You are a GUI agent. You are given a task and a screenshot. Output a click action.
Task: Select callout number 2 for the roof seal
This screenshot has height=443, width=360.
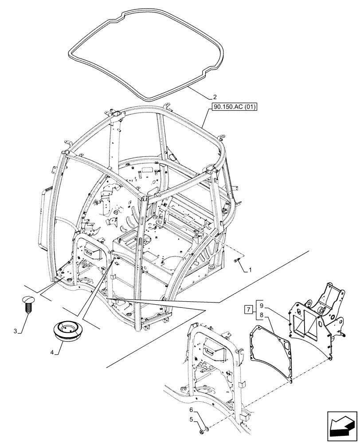click(215, 96)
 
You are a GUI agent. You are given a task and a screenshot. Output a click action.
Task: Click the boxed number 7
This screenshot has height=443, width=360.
click(248, 308)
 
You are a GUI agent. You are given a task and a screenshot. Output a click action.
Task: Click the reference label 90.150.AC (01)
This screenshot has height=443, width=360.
click(235, 106)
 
